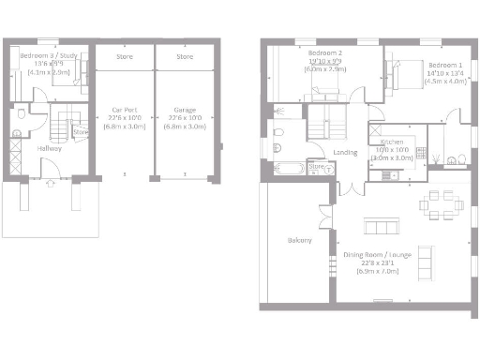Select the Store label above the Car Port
[124, 57]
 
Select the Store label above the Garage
[185, 57]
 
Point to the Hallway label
[50, 148]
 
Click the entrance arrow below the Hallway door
[49, 183]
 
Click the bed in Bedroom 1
[401, 73]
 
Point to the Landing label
[343, 152]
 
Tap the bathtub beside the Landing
[289, 170]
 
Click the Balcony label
[299, 240]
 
